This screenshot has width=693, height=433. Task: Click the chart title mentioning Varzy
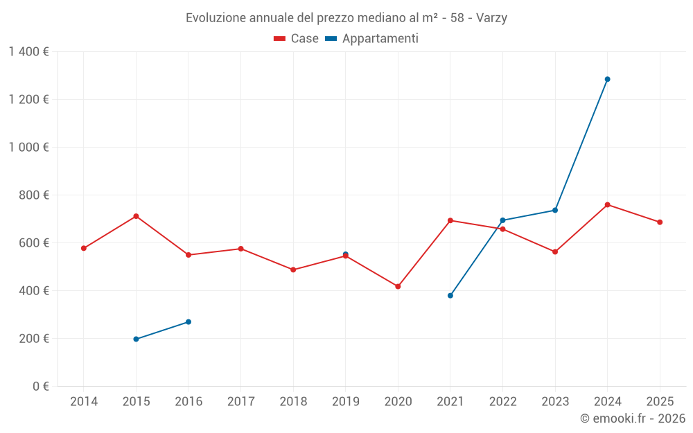pos(346,18)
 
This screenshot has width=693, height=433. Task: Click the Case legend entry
pos(296,39)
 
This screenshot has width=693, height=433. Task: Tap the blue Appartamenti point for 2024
pos(607,79)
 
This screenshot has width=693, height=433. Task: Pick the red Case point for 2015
pos(136,216)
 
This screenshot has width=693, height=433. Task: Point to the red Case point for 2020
pos(398,286)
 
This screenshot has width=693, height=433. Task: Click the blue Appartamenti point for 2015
pos(136,339)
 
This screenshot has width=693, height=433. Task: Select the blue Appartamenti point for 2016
pos(188,322)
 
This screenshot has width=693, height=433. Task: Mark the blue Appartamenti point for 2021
pos(450,295)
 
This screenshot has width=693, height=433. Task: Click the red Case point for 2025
pos(660,222)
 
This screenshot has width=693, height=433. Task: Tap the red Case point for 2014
pos(84,248)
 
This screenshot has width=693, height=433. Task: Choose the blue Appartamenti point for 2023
pos(555,210)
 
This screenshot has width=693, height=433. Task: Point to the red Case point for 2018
pos(293,269)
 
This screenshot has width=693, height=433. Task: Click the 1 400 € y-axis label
pos(28,52)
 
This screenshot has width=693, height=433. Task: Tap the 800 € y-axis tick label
pos(33,195)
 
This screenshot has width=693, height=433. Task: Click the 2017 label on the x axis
pos(240,402)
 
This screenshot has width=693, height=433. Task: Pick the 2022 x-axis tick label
pos(502,402)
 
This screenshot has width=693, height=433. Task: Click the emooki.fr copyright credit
pos(632,418)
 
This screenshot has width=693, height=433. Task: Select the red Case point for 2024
pos(607,204)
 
